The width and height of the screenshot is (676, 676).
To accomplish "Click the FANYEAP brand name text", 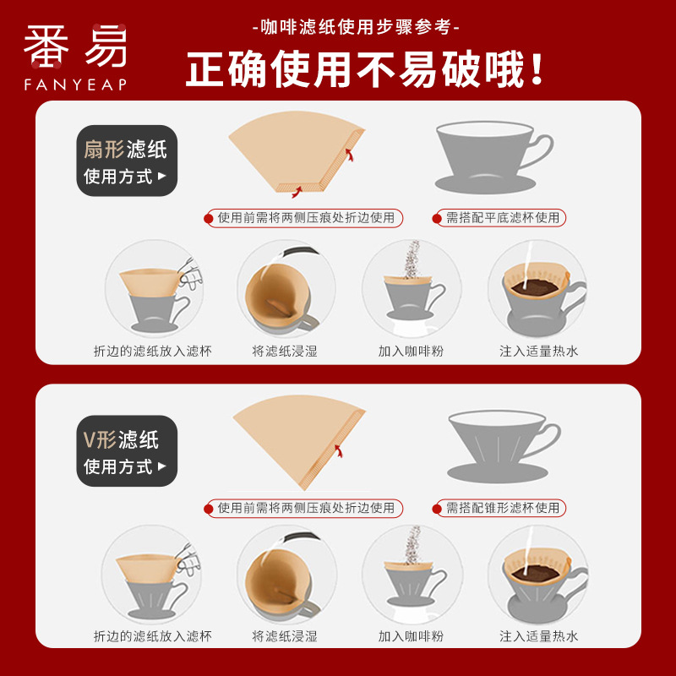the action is pos(75,84).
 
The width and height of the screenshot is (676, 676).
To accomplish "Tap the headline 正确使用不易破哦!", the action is pos(365,69).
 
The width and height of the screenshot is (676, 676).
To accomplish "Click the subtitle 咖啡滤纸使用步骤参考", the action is pos(356,27).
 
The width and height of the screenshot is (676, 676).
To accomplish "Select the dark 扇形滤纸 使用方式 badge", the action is pos(127,161).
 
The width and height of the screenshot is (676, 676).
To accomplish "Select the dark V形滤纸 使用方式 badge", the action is pos(127,451).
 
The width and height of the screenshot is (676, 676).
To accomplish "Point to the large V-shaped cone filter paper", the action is pos(299,442).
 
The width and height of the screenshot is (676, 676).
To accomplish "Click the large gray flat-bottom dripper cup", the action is pos(493,157).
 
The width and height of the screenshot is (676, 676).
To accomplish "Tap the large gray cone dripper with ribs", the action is pos(504,447).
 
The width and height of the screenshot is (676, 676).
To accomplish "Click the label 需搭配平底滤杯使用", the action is pos(503,218).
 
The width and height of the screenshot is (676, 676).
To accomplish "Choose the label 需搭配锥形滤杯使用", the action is pos(503,508).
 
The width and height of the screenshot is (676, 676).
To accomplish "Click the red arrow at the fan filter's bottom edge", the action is pos(297,192).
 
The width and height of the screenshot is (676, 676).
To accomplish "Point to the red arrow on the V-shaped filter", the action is pos(339,450).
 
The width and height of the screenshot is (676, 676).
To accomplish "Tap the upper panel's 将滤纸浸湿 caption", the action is pos(285,351).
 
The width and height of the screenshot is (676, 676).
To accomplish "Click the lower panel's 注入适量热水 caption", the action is pos(538,636).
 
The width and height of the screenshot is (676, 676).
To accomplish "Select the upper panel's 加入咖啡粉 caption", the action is pos(411,351).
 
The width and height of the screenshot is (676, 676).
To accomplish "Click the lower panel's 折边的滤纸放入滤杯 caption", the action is pos(153,636).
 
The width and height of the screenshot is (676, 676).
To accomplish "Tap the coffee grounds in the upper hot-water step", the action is pos(534,286).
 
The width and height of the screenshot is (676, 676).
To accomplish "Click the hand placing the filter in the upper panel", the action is pos(189,272).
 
